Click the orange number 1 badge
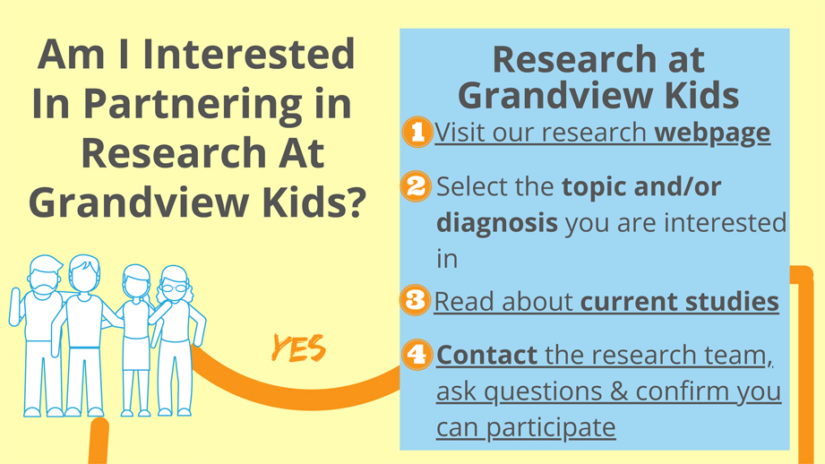[417, 132]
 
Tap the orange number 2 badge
[416, 186]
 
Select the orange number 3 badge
[415, 300]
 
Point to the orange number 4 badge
[417, 354]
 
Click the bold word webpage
[712, 133]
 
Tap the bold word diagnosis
[497, 223]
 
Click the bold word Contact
[486, 355]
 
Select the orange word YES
[298, 348]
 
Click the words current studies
[679, 302]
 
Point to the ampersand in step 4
[618, 391]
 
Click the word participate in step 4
[551, 427]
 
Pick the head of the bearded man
[46, 276]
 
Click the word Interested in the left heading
[249, 54]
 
